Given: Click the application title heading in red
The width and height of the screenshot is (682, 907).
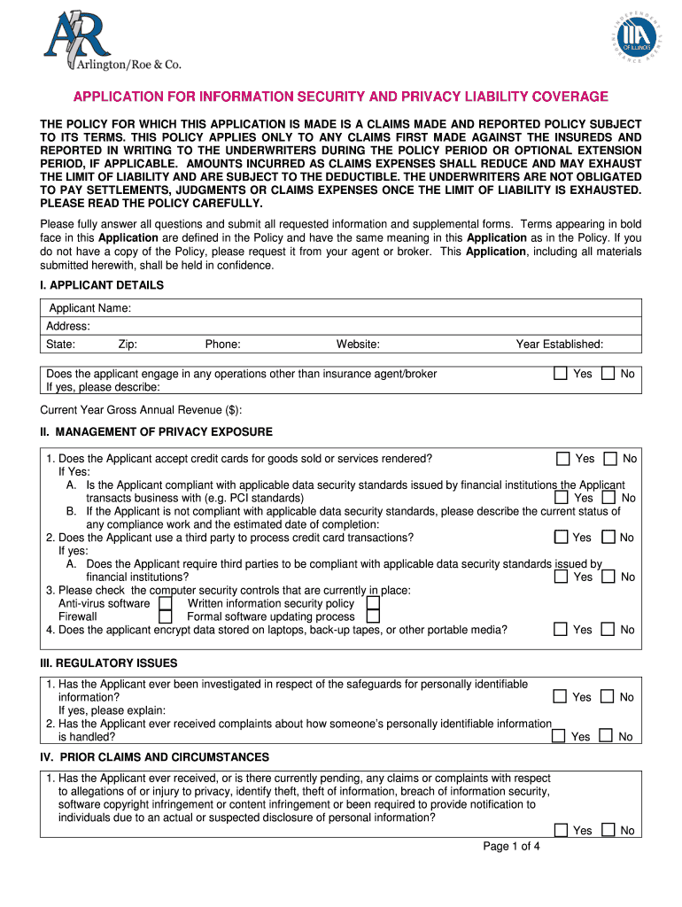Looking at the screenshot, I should point(340,97).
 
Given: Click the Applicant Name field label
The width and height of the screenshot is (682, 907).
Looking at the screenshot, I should point(89,308).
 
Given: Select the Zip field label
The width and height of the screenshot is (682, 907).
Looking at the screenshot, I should point(127,345).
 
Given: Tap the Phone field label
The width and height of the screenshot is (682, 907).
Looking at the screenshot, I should point(222,345).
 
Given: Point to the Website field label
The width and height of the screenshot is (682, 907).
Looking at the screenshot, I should point(358,345).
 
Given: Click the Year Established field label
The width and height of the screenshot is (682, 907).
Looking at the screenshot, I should point(559,345).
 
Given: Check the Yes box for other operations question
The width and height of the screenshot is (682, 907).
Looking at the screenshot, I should point(560,374).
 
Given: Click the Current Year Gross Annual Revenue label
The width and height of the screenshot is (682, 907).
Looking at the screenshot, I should point(141,410).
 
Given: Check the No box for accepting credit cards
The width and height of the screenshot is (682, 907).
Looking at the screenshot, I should point(610,459).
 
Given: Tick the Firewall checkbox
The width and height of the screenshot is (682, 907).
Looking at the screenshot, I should point(165,616).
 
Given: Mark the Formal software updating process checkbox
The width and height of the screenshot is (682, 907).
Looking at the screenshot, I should point(373,616).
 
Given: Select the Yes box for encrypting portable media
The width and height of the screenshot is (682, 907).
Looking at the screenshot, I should point(560,630).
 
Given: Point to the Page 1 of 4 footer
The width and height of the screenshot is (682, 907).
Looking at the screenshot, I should point(511,847).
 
